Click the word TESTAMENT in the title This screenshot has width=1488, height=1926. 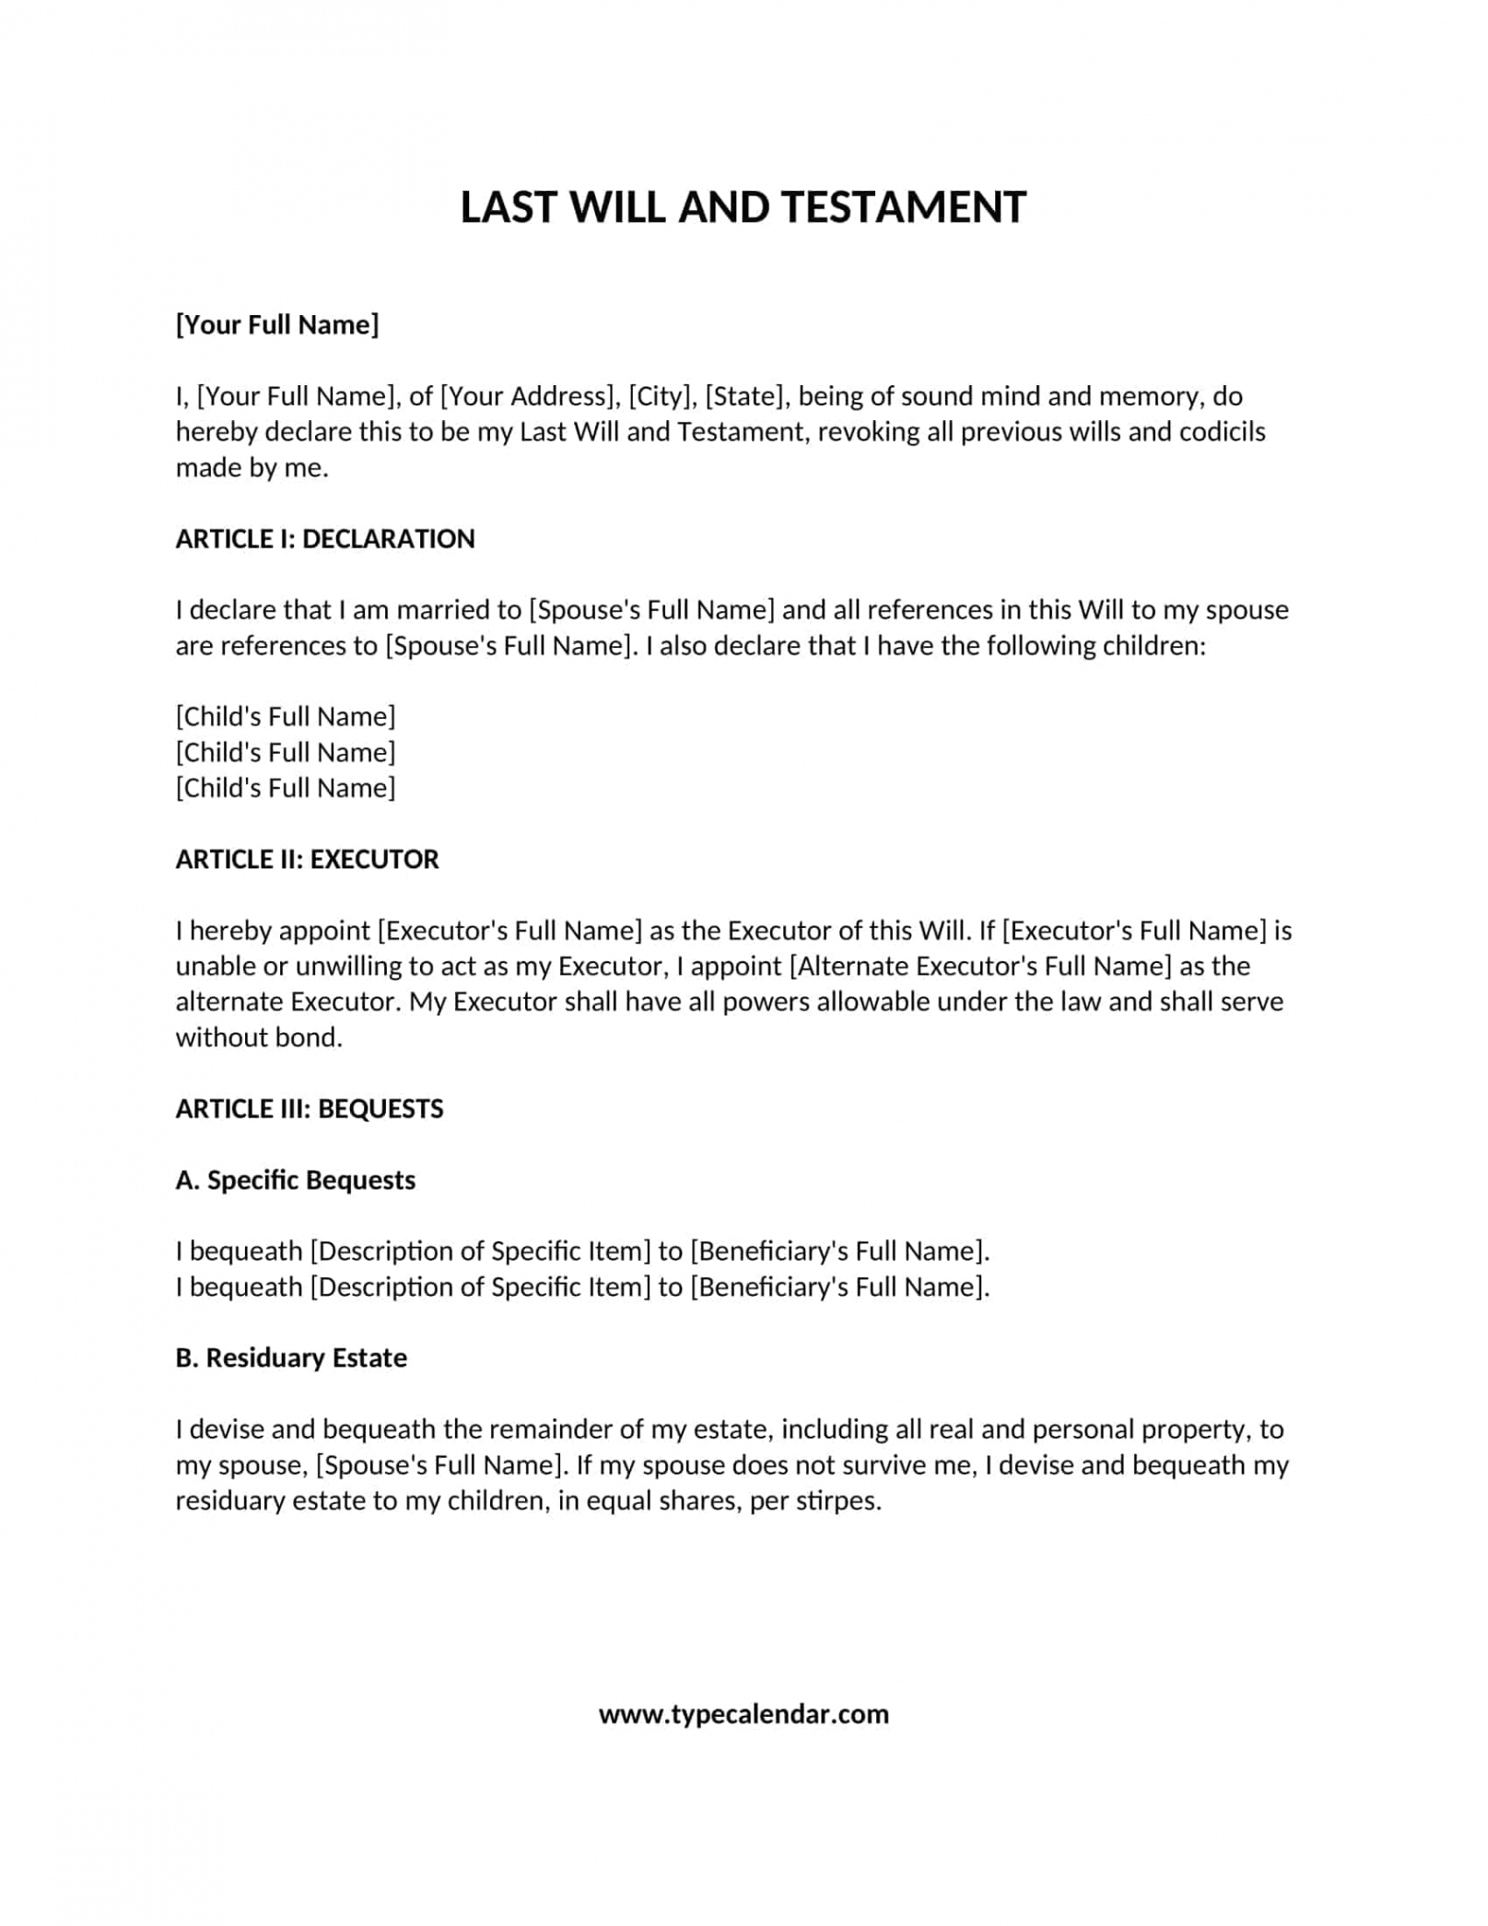coord(904,207)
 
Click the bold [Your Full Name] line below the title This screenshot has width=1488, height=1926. coord(277,324)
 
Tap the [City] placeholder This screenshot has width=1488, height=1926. coord(662,396)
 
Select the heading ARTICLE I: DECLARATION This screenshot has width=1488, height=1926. coord(325,539)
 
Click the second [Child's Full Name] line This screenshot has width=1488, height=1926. coord(286,753)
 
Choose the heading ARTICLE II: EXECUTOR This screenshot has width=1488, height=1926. coord(307,860)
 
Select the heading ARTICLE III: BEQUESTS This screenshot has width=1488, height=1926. coord(310,1109)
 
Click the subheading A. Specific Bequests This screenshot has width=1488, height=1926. coord(296,1180)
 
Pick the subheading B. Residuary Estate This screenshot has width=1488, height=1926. coord(291,1358)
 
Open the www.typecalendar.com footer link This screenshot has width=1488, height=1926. coord(744,1715)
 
